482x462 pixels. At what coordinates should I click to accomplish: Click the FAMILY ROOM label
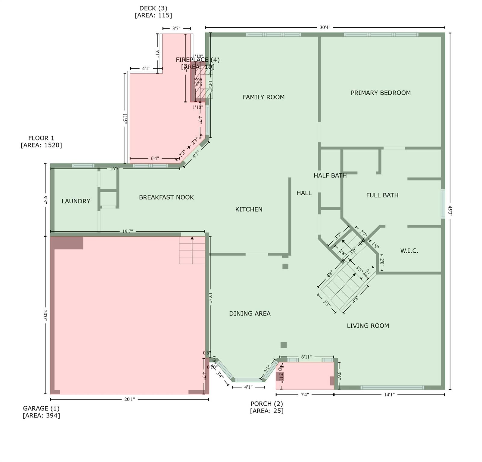coord(263,97)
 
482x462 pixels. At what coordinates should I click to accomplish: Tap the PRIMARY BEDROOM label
coord(381,93)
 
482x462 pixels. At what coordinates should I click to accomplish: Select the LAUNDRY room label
coord(76,201)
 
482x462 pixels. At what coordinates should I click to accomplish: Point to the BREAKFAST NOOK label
coord(166,197)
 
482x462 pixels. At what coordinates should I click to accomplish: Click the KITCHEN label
coord(249,209)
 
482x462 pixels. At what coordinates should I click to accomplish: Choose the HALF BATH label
coord(330,175)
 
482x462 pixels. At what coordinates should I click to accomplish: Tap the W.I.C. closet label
coord(409,251)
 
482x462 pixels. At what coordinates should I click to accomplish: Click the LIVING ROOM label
coord(368,326)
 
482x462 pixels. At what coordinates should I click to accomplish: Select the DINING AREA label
coord(250,314)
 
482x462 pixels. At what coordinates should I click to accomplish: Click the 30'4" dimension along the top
coord(325,27)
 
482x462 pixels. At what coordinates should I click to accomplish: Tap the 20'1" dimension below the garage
coord(129,399)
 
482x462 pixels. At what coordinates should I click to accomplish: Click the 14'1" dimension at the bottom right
coord(389,395)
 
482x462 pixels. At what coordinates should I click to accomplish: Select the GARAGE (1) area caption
coord(41,412)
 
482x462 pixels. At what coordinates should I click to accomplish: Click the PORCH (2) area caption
coord(267,407)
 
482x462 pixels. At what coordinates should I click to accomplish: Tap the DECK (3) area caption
coord(153,12)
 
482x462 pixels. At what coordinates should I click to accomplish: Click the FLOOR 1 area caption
coord(41,141)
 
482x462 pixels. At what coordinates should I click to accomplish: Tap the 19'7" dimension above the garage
coord(127,231)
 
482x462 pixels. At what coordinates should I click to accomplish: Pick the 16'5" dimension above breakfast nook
coord(115,169)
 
